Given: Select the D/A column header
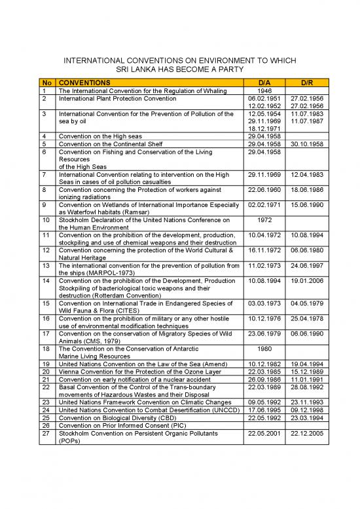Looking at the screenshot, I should point(264,83).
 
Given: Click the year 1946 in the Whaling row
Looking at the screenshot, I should point(264,91).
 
